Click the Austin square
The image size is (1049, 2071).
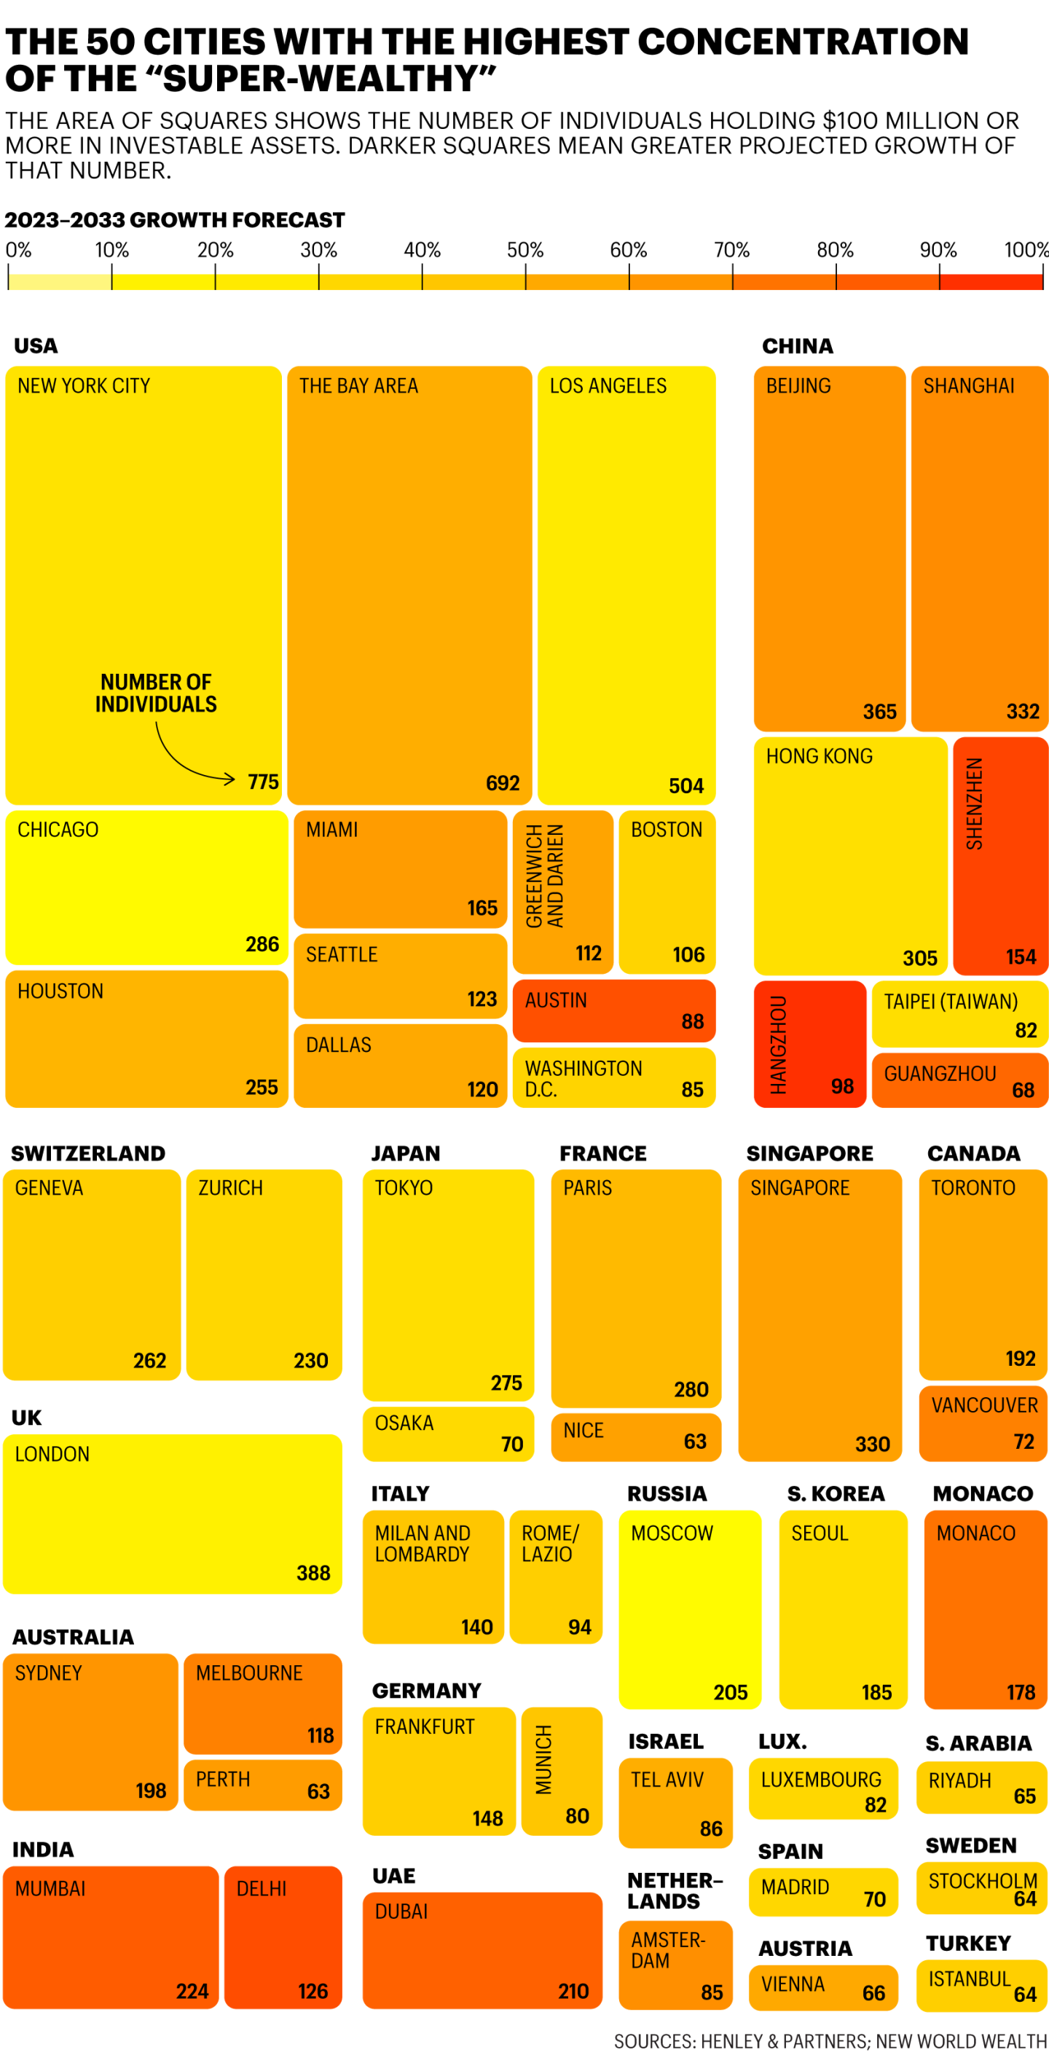click(613, 1010)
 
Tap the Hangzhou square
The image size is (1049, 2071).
click(809, 1044)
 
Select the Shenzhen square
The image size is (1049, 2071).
click(1000, 855)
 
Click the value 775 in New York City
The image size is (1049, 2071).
click(263, 782)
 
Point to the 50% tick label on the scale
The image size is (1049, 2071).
click(525, 250)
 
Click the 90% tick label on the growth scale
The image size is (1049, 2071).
click(938, 250)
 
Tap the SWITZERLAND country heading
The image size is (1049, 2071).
click(87, 1153)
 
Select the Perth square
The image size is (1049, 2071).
click(262, 1785)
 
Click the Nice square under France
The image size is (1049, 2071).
click(635, 1437)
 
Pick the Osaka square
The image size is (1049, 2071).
click(448, 1434)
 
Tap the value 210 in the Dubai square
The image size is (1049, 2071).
click(573, 1991)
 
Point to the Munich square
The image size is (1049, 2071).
click(561, 1771)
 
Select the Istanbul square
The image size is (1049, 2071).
click(981, 1985)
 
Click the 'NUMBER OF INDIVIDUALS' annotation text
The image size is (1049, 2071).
click(156, 693)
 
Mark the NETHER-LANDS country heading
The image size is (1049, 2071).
click(675, 1891)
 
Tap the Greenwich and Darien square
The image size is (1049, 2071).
click(562, 891)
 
